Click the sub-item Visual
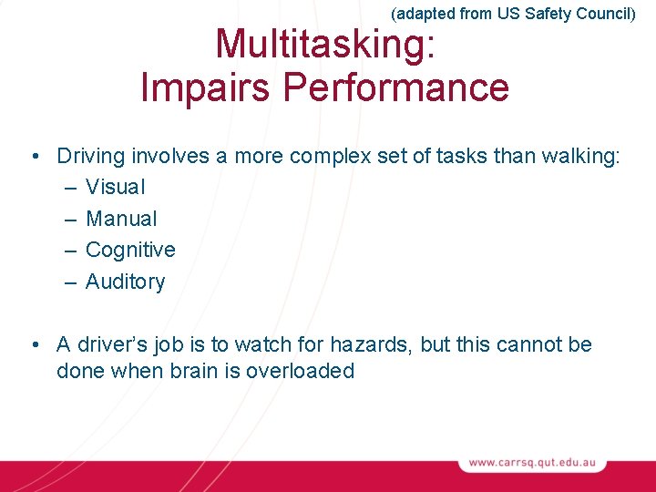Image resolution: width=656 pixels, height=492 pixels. click(115, 187)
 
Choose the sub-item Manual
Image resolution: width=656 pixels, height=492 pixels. click(121, 219)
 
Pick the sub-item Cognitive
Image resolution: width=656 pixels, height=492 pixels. click(130, 250)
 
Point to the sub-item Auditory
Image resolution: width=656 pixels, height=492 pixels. click(125, 282)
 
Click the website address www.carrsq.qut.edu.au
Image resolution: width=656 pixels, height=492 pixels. click(532, 463)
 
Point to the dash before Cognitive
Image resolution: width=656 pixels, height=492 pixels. click(71, 250)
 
